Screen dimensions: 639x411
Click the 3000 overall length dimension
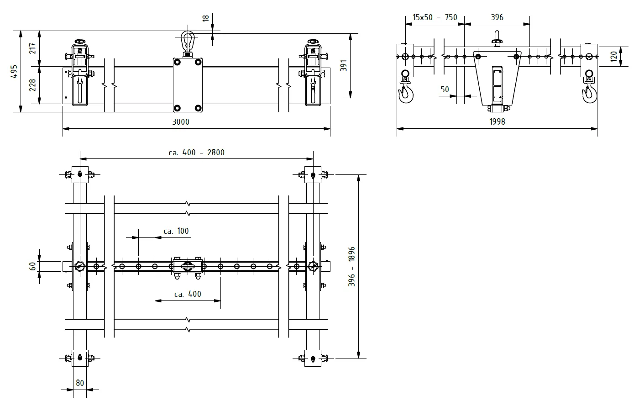click(181, 122)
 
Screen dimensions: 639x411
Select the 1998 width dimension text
click(497, 121)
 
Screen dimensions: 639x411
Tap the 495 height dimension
click(14, 71)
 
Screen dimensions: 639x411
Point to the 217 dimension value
click(32, 48)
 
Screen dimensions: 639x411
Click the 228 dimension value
click(32, 85)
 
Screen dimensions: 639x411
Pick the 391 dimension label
click(344, 65)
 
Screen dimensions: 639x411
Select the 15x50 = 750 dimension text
click(435, 17)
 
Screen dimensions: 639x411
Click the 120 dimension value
click(613, 57)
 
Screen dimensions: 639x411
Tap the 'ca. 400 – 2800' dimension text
click(197, 153)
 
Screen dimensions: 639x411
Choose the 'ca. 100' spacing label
click(176, 231)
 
